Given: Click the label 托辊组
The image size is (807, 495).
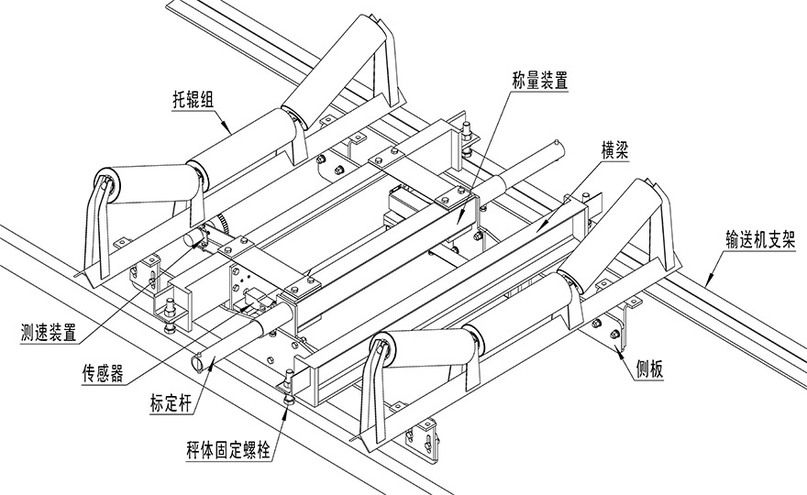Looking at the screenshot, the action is click(193, 100).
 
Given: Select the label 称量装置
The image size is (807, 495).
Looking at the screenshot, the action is click(540, 81).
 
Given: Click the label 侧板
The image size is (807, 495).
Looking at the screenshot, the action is click(650, 368).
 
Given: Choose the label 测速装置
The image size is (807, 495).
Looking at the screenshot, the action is click(49, 333).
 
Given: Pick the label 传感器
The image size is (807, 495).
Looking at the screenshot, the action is click(103, 373).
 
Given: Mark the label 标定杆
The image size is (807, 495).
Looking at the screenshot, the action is click(171, 403).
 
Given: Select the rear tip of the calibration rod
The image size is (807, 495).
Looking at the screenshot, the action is click(557, 142).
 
